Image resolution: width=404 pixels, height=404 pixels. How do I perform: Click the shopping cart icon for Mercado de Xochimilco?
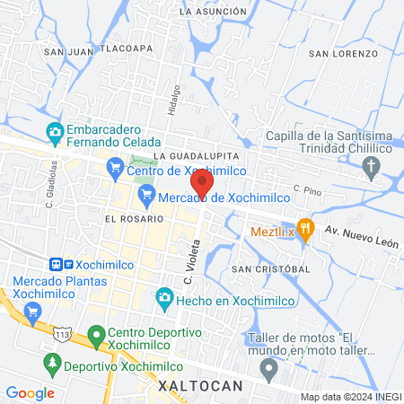[x=147, y=195]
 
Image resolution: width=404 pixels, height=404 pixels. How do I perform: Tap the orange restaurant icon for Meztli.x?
[x=305, y=228]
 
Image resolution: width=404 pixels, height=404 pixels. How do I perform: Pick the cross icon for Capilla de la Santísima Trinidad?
[x=372, y=165]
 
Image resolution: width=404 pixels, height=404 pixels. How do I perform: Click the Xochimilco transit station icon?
[x=60, y=265]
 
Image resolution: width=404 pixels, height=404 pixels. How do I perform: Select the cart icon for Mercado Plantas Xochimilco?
[x=33, y=311]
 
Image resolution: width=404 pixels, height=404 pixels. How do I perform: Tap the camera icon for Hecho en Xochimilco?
[x=164, y=296]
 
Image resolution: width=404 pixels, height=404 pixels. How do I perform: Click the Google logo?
[x=30, y=392]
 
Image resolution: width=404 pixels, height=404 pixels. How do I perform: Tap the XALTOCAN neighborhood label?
[x=199, y=385]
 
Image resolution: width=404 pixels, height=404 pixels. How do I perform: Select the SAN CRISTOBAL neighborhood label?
[x=270, y=268]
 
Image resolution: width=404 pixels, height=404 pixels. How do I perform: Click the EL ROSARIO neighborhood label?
[x=134, y=218]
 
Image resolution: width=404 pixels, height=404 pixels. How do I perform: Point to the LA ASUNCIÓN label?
[x=213, y=12]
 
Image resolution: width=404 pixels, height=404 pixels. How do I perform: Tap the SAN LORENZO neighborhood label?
[x=343, y=54]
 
